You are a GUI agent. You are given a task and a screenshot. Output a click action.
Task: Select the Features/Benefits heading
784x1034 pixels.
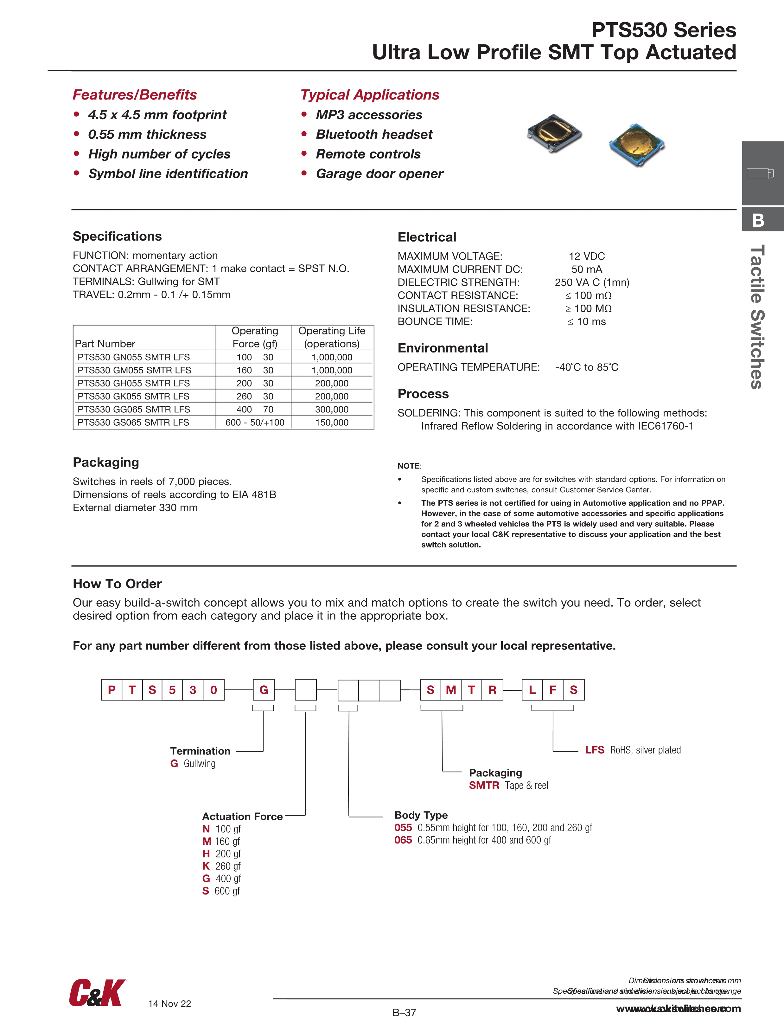click(135, 95)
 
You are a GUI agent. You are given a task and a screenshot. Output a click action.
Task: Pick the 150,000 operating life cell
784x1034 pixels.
click(332, 423)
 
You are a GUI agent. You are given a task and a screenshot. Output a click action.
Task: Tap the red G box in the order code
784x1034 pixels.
click(264, 690)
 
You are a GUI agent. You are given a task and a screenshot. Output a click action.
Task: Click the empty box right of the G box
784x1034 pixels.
click(306, 690)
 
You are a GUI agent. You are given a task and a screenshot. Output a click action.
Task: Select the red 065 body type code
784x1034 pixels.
click(403, 840)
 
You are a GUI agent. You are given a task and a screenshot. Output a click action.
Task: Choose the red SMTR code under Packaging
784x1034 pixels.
click(484, 785)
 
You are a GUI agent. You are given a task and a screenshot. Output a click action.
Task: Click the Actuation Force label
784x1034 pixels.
click(242, 817)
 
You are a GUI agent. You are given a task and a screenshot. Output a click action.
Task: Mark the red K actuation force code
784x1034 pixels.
click(206, 866)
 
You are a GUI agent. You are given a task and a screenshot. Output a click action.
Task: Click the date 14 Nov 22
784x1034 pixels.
click(169, 1004)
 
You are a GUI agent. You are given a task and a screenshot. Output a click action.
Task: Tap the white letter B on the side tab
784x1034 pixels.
click(758, 220)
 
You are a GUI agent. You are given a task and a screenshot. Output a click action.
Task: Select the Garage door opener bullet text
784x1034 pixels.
click(379, 174)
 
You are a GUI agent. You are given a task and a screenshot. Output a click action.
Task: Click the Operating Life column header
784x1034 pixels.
click(332, 337)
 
